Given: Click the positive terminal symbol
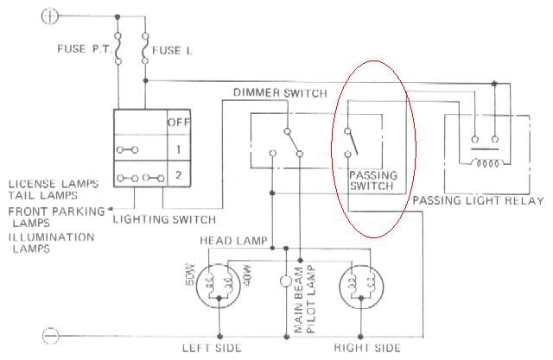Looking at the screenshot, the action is point(49,16).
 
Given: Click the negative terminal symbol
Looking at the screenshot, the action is point(50,336).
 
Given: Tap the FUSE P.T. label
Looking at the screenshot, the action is point(84,48).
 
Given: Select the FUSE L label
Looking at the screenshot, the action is point(172,51).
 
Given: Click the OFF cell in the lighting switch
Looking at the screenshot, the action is point(179,123).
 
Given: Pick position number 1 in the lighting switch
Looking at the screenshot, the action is point(179,149).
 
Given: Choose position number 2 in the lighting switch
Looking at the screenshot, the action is point(179,174).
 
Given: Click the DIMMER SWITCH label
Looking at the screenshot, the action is point(280,93).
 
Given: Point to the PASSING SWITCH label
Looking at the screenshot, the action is point(373,180).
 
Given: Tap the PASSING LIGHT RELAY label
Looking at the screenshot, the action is point(478,201).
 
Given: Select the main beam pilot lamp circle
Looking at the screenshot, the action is point(286,281).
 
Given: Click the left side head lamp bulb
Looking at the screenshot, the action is point(219,286).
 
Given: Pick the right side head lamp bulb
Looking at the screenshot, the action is point(361,286).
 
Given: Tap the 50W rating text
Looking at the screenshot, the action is point(190,275).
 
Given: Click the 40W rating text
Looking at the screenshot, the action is point(248,275).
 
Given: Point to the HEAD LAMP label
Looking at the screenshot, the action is point(233,241).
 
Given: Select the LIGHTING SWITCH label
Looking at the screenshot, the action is point(164,219).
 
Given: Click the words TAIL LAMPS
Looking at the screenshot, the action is point(42,195).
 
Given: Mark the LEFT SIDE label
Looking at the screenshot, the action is point(212,348).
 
